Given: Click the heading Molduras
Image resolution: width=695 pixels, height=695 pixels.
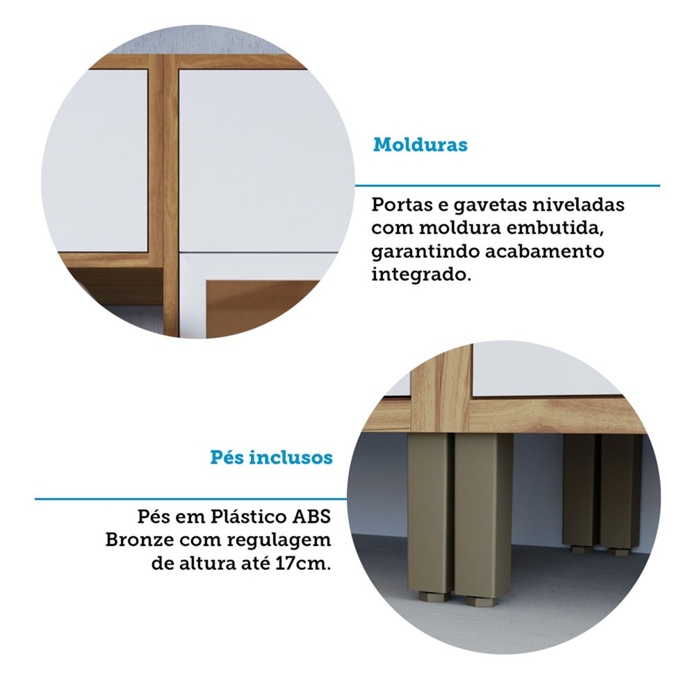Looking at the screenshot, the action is [420, 145].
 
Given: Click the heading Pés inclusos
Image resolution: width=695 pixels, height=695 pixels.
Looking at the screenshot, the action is [271, 457].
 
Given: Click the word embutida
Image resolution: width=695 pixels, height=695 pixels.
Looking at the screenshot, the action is [555, 228].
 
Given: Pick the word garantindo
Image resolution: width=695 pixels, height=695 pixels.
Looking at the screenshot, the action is [425, 252].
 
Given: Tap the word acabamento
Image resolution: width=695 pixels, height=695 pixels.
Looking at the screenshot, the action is [544, 252].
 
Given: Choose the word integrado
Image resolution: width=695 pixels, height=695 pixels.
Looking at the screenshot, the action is [420, 275].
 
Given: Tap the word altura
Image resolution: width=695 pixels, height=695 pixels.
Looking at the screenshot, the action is [208, 564].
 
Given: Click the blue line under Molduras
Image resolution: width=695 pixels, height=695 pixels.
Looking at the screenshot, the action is [507, 186].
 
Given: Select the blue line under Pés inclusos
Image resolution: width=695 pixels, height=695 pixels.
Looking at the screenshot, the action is [190, 499].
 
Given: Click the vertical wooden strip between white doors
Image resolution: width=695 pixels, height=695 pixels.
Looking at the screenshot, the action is [171, 195].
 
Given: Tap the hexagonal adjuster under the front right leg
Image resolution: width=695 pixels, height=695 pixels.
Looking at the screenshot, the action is [482, 602].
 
